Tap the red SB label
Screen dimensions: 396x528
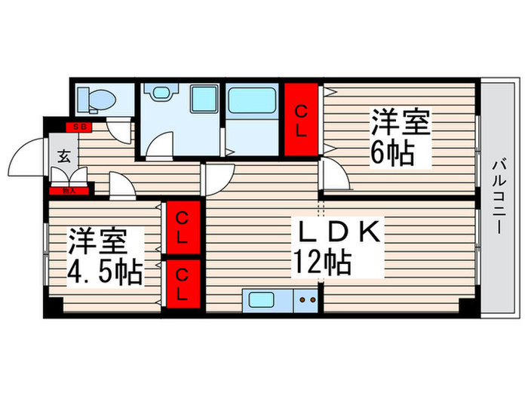(x=78, y=127)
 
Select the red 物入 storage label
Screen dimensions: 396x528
(x=69, y=192)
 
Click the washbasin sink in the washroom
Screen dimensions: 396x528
(x=159, y=93)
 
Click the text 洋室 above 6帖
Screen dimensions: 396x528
(x=399, y=121)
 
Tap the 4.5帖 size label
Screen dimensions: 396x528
(x=106, y=272)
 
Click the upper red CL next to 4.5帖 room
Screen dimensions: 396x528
(x=183, y=229)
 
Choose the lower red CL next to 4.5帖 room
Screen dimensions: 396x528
(x=183, y=283)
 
